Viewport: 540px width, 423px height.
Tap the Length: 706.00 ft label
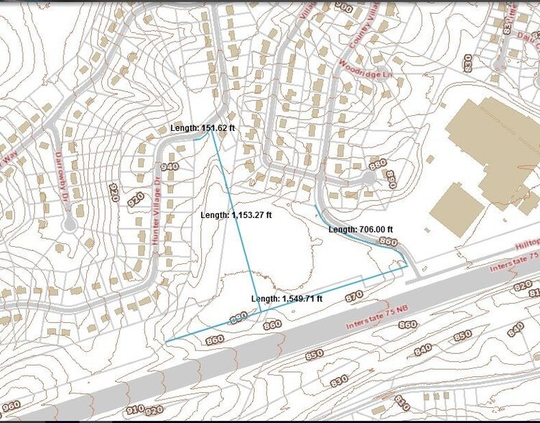click(x=362, y=229)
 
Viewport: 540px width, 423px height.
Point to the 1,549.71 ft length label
click(x=287, y=299)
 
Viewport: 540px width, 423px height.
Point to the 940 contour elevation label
click(x=170, y=167)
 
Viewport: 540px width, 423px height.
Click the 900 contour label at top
click(x=343, y=8)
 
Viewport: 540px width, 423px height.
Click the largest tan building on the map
click(x=495, y=144)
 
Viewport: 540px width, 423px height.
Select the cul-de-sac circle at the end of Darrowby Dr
click(x=69, y=225)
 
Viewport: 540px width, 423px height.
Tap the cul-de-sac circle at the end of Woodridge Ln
click(x=368, y=177)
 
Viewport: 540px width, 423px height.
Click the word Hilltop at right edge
click(x=525, y=245)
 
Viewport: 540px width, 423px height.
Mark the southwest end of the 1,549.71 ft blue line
click(x=166, y=341)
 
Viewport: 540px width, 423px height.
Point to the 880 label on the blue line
click(x=238, y=317)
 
